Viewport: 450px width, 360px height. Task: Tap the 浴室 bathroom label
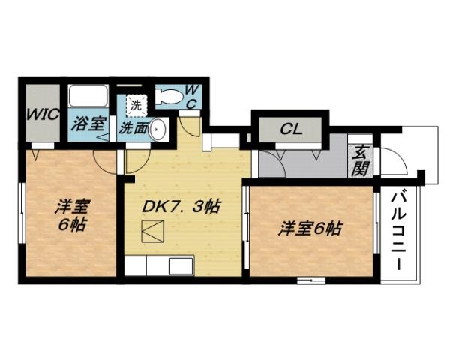(88, 124)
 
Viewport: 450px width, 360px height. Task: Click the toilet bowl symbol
(169, 96)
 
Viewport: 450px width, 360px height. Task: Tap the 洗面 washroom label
(133, 128)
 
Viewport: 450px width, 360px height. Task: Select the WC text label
(191, 96)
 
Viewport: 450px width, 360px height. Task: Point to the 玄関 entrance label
(359, 159)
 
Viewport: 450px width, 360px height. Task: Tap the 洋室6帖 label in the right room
(310, 228)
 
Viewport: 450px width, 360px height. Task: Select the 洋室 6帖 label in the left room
(71, 214)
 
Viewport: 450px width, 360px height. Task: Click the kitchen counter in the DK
(160, 266)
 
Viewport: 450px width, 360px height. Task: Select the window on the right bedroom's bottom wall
(310, 280)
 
